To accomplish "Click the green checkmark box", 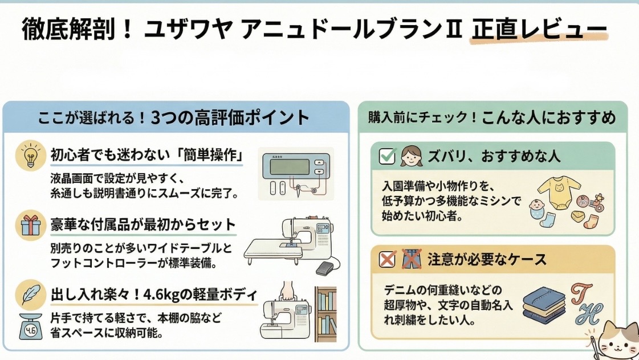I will point(387,156).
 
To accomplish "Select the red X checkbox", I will point(387,260).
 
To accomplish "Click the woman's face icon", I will point(410,155).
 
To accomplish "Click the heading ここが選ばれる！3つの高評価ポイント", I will point(173,118).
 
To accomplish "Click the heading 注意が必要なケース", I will point(487,260).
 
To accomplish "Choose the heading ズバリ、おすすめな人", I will point(494,156).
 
